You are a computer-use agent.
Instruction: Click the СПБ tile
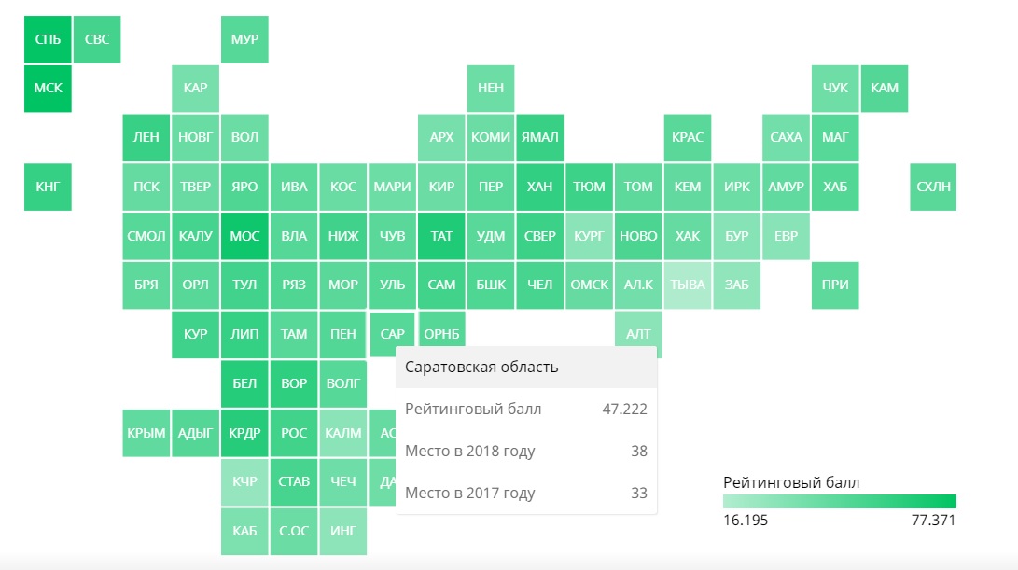(48, 39)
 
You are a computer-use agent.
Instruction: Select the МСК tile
(48, 89)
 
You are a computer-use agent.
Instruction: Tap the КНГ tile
(48, 187)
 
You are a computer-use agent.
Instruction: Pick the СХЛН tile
(933, 187)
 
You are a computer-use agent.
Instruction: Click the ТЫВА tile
(688, 285)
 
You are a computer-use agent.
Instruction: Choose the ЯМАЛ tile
(539, 137)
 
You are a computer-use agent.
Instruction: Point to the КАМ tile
(885, 89)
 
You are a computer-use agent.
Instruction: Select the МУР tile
(244, 39)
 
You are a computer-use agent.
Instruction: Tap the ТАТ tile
(441, 236)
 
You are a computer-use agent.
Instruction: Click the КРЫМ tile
(146, 433)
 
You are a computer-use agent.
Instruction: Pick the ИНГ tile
(342, 531)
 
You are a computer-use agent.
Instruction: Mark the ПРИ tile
(835, 285)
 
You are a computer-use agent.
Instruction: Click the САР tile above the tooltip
(392, 333)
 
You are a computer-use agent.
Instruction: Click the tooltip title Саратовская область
(481, 367)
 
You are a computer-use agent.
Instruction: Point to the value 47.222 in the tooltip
(625, 409)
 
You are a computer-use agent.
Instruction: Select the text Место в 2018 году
(470, 451)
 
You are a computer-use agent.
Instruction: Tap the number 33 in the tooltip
(638, 493)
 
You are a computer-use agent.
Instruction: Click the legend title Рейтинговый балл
(791, 482)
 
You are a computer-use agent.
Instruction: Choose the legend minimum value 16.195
(746, 520)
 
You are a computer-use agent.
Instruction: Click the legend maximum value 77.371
(933, 520)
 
